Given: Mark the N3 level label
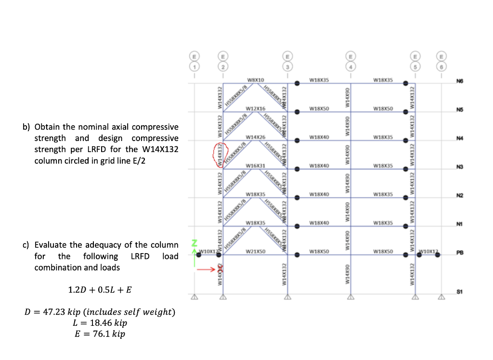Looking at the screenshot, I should [465, 167].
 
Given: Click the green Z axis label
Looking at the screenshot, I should [195, 242].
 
